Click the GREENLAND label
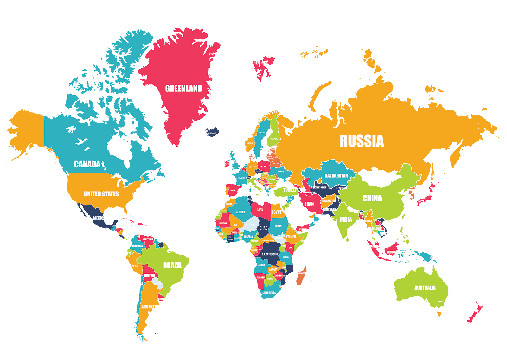(183, 88)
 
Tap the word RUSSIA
(362, 141)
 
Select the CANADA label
(87, 164)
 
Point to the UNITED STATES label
(101, 194)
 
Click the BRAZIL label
(172, 265)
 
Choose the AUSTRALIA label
(425, 288)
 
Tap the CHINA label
(372, 198)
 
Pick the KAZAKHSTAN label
(336, 175)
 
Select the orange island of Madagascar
(301, 275)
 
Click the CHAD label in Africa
(263, 228)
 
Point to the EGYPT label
(276, 212)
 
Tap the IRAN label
(309, 204)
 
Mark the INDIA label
(345, 219)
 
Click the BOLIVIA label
(149, 275)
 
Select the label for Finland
(274, 139)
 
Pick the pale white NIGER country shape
(250, 225)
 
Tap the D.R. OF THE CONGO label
(270, 254)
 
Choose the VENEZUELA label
(148, 239)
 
